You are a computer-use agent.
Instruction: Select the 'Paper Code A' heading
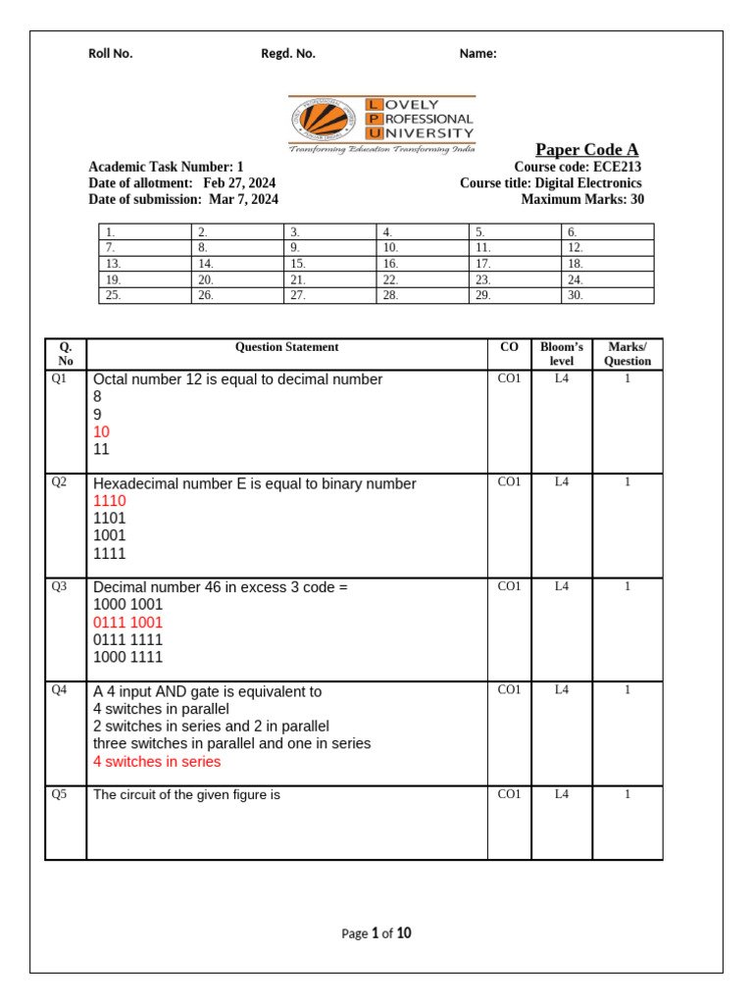586,149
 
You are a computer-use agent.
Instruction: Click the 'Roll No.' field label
110,54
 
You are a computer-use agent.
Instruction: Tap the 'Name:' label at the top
477,54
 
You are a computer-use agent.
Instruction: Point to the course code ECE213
617,167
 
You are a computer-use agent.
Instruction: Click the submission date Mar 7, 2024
243,199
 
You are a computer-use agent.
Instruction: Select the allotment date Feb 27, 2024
239,183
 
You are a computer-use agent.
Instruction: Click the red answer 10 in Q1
102,432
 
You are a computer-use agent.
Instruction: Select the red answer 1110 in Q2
110,501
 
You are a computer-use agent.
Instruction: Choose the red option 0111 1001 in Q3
127,623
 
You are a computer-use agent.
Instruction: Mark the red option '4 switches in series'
157,762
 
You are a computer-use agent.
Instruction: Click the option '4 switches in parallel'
161,709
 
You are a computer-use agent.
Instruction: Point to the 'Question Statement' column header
286,347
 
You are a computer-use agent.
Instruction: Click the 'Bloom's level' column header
561,354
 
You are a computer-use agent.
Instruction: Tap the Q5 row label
59,795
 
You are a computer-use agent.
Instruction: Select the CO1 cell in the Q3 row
509,586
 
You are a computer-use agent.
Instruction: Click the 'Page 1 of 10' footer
376,933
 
